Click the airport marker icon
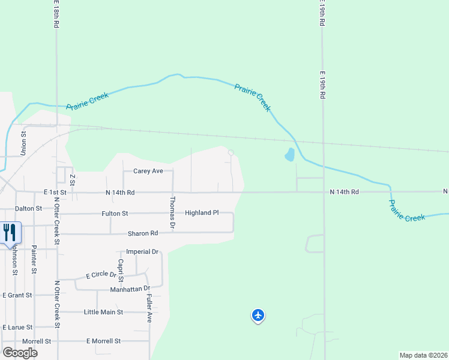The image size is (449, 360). [258, 314]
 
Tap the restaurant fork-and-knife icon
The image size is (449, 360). [10, 232]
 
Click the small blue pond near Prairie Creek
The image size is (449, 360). [290, 155]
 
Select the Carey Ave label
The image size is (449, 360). [148, 171]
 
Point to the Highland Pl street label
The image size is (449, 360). [202, 213]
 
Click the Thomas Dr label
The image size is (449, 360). [173, 213]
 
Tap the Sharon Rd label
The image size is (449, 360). [142, 233]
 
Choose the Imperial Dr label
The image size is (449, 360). [142, 252]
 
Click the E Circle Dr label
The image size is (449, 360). [101, 274]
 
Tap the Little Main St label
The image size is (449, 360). [103, 312]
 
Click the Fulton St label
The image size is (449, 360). [115, 213]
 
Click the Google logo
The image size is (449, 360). [20, 352]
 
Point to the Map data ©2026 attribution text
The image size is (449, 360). [423, 355]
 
